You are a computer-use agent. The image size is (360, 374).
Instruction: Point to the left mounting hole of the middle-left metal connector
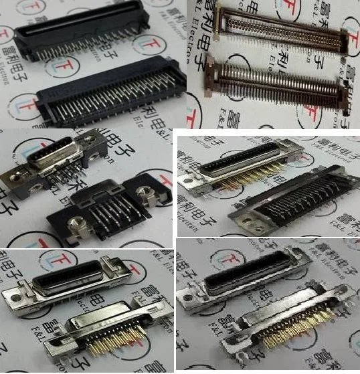point(15,175)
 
